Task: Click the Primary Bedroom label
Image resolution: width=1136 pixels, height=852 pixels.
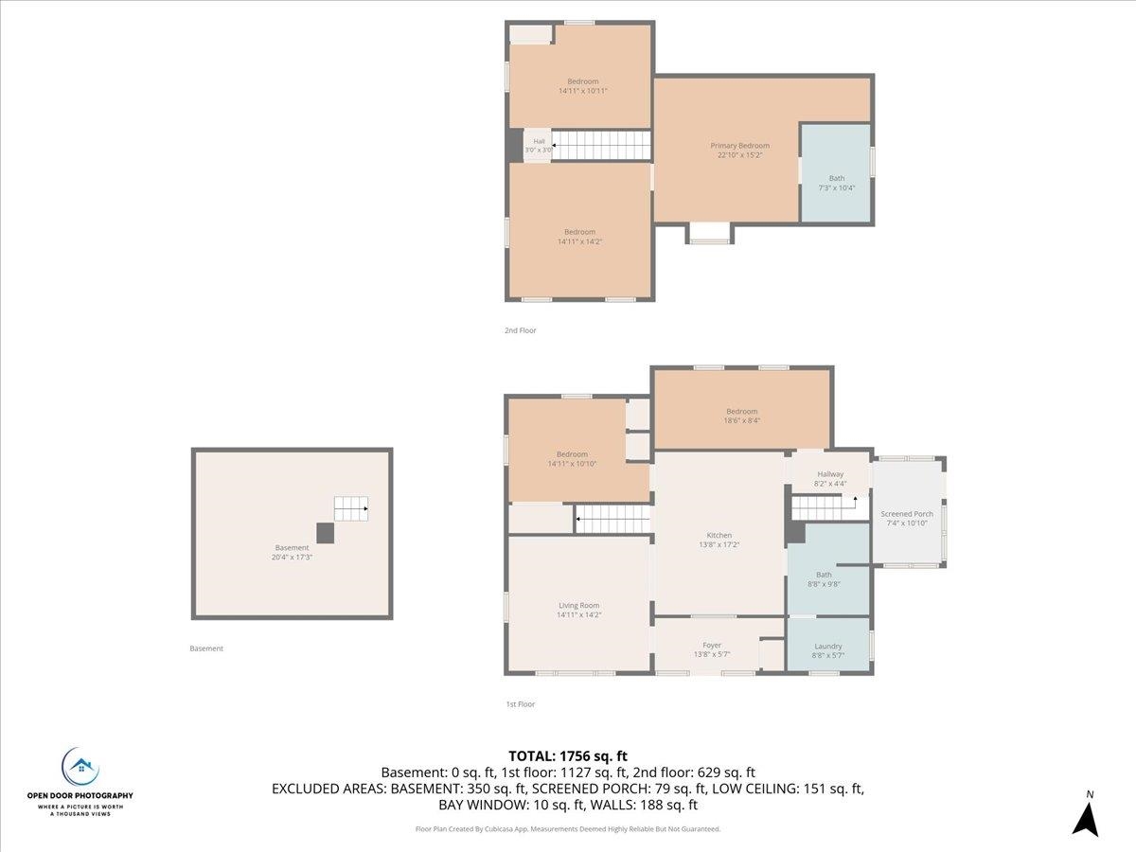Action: (739, 146)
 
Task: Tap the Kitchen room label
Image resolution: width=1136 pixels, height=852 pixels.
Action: (719, 536)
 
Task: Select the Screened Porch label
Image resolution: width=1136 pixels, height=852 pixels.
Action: (907, 514)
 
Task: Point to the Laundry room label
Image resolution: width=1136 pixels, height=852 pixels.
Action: (828, 647)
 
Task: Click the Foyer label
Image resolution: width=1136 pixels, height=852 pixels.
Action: (712, 645)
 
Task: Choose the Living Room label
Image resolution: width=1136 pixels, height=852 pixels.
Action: (579, 605)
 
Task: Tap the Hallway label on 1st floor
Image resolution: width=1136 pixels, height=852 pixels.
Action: (830, 474)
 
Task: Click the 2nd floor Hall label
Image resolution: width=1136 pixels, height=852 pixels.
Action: (539, 141)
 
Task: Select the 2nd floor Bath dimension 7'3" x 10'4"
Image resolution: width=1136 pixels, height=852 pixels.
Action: (836, 187)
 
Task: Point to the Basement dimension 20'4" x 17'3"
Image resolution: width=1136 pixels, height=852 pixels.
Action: (292, 558)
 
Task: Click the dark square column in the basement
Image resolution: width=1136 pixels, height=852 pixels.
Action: (325, 533)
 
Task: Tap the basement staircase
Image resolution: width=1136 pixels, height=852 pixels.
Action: (351, 508)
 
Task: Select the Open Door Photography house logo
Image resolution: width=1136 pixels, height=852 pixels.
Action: (80, 768)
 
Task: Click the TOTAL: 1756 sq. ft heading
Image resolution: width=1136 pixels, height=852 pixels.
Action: (568, 756)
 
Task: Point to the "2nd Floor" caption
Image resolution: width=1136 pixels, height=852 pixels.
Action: (520, 330)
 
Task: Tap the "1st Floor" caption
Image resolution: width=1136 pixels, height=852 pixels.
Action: (520, 704)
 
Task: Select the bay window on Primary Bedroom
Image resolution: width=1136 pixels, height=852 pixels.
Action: (709, 233)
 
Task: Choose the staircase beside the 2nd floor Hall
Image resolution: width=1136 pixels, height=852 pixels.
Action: (601, 146)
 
